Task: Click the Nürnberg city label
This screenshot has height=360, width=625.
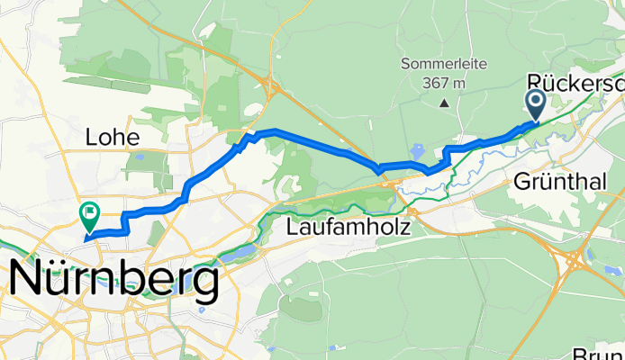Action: [114, 283]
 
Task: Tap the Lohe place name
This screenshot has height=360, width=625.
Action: [112, 138]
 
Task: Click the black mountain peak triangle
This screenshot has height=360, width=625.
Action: [445, 103]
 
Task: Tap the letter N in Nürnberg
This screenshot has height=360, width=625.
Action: [26, 283]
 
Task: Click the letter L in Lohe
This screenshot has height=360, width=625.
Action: [90, 138]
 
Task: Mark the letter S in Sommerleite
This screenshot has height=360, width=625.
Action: [406, 65]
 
